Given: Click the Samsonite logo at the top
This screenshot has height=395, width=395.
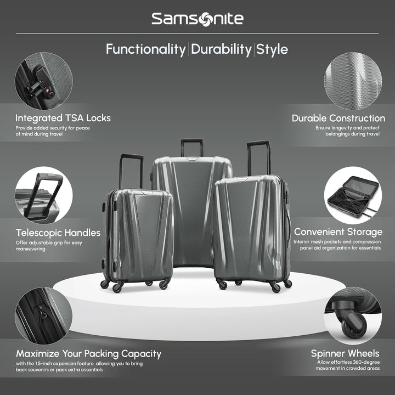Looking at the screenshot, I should pyautogui.click(x=197, y=19).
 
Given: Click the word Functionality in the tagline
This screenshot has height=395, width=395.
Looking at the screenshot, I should pyautogui.click(x=145, y=49).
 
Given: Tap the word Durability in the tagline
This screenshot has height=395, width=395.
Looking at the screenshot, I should pyautogui.click(x=221, y=49).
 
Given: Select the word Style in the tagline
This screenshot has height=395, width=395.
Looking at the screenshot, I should pyautogui.click(x=272, y=49).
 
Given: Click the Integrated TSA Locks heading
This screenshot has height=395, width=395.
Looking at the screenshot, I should pyautogui.click(x=63, y=118).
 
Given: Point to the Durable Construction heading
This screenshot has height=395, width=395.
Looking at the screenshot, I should pyautogui.click(x=338, y=118).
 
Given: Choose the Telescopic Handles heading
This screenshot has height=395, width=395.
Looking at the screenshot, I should pyautogui.click(x=58, y=233).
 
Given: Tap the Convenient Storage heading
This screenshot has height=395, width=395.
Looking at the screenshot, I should pyautogui.click(x=338, y=233).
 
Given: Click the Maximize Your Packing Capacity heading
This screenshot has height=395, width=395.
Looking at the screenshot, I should pyautogui.click(x=88, y=354).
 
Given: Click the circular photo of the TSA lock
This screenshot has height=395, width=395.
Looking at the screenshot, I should pyautogui.click(x=43, y=81).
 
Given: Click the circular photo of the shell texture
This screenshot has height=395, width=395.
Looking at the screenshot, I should pyautogui.click(x=352, y=81).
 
